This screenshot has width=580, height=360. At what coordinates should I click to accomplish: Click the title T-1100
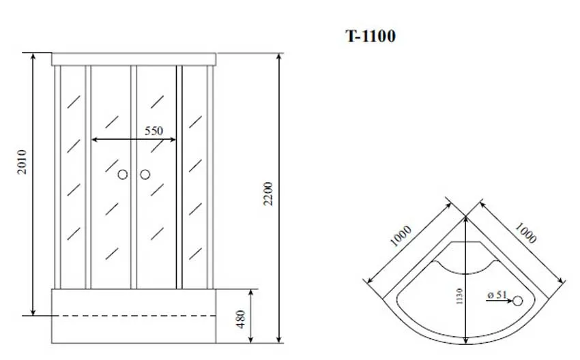370,36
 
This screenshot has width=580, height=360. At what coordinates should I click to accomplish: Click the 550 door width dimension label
154,131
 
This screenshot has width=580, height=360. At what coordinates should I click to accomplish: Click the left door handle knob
123,175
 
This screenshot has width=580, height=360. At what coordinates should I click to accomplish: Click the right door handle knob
145,175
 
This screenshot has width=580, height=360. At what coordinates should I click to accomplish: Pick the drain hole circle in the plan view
517,301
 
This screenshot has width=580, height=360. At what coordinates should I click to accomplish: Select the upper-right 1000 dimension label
525,232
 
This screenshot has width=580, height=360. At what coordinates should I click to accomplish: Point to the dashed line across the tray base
134,316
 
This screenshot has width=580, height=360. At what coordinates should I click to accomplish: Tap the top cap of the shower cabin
134,59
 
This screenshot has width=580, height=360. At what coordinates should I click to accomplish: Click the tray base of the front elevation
134,331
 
